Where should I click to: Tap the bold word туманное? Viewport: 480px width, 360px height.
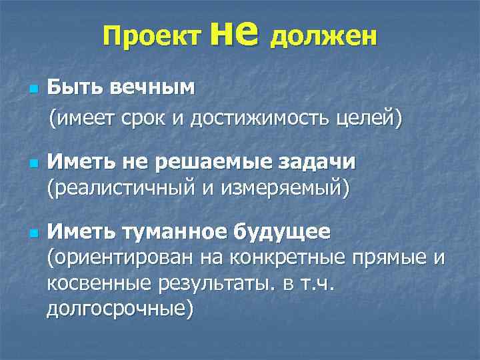click(174, 233)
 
